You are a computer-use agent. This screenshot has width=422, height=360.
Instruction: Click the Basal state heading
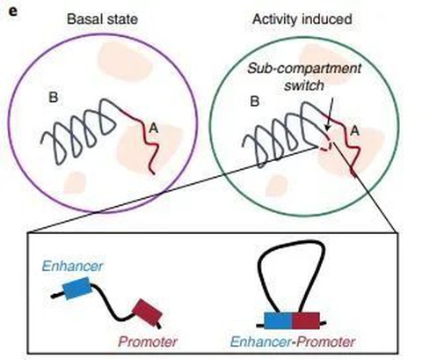coord(102,19)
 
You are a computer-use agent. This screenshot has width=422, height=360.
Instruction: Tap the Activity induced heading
coord(302,19)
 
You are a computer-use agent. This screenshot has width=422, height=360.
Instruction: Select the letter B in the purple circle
coord(54,98)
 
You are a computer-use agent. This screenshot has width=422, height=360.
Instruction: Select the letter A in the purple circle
coord(154,128)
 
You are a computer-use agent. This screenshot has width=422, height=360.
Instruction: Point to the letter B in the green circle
coord(255,101)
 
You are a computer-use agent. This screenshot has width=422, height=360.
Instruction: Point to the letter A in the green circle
coord(354,131)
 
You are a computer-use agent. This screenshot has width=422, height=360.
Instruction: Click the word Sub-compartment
coord(304,69)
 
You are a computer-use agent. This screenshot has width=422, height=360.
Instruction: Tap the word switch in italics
coord(304,85)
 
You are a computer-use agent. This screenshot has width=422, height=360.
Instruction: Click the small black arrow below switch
coord(330,114)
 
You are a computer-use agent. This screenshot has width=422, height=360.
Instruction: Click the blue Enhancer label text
coord(72,266)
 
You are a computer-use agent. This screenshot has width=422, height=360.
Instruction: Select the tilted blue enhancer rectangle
coord(77,288)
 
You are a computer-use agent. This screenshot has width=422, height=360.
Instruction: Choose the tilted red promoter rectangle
coord(147,312)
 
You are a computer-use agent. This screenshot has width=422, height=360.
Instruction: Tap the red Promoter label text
coord(148,342)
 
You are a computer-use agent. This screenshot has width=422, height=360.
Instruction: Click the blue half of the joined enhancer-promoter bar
coord(278,320)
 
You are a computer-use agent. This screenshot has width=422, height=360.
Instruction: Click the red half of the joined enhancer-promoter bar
coord(306,320)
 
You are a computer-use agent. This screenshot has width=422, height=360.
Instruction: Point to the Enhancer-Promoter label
coord(292,342)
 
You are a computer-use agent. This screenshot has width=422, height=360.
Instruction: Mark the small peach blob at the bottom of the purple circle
coord(75,183)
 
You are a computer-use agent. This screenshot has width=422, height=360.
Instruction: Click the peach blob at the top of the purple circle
coord(125,61)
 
